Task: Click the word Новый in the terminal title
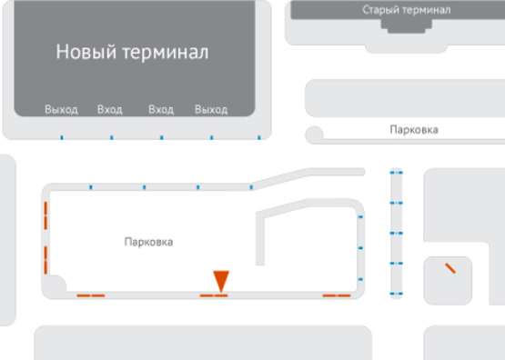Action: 85,52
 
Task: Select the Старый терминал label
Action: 406,9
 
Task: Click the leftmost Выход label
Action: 61,110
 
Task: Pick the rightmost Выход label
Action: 211,110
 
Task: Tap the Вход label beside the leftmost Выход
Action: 109,110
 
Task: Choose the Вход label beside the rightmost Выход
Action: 160,110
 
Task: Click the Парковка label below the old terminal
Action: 413,130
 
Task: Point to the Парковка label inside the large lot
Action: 148,242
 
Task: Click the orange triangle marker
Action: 221,280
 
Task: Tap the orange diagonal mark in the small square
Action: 449,268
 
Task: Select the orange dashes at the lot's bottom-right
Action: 337,295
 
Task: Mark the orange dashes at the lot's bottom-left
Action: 91,295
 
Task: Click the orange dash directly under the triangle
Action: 214,295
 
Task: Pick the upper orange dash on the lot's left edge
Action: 45,218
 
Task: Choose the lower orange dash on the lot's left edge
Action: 45,258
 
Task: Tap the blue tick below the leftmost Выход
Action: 61,138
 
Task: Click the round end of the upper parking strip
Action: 315,135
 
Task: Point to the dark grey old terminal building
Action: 406,22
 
